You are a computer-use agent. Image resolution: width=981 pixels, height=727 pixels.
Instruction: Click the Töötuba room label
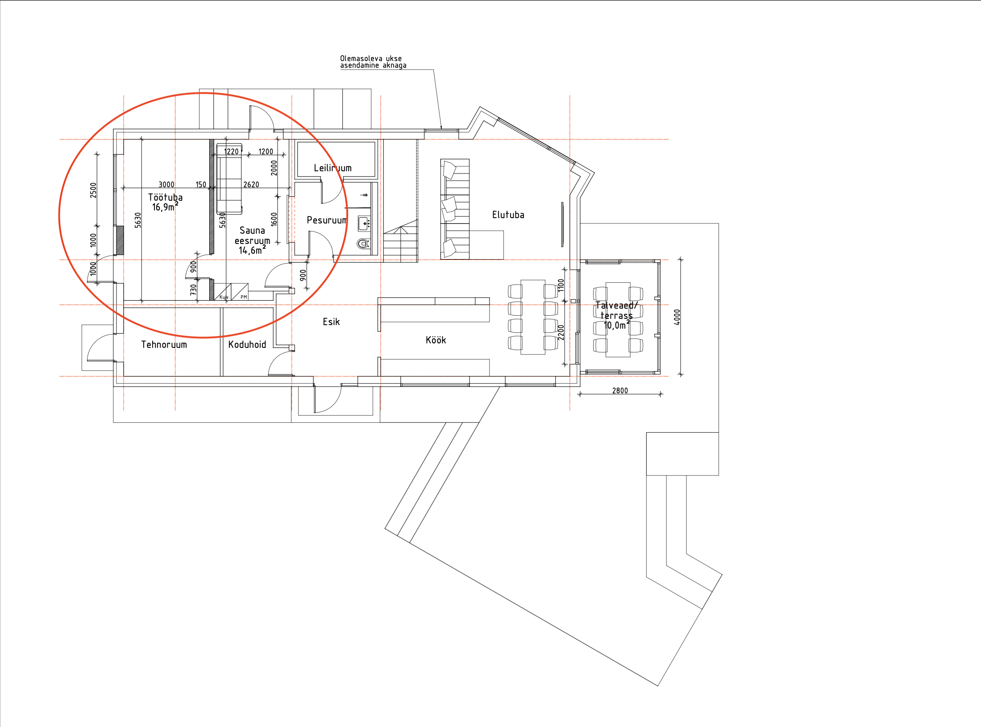coord(165,197)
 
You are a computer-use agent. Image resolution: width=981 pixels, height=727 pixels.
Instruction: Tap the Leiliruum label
coord(333,168)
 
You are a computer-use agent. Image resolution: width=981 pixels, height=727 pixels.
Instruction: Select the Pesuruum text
coord(327,220)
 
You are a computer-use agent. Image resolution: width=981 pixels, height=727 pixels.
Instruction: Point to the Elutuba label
coord(508,215)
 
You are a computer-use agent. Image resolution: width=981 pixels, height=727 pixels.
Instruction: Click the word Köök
coord(436,340)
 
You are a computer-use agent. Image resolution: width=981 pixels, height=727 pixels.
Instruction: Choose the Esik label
coord(331,322)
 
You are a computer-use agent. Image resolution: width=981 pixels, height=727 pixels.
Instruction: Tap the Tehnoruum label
coord(164,344)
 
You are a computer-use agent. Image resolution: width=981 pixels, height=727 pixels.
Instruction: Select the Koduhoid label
coord(247,344)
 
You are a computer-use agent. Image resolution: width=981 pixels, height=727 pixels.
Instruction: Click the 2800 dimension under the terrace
coord(620,391)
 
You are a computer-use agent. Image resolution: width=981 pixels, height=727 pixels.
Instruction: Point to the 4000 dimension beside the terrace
coord(677,317)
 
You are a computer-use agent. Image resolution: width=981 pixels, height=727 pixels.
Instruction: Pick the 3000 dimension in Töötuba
coord(166,185)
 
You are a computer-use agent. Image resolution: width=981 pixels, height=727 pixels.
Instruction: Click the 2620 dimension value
coord(251,185)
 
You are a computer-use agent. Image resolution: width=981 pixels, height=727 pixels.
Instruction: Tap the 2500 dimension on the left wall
coord(93,190)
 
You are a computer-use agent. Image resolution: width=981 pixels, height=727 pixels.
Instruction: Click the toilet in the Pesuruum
coord(363,244)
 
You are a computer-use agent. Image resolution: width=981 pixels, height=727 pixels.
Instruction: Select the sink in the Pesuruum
coord(364,223)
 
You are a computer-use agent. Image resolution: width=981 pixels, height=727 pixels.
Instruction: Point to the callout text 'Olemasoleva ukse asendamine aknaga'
coord(373,62)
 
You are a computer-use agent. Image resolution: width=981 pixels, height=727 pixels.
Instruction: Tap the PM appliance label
coord(244,297)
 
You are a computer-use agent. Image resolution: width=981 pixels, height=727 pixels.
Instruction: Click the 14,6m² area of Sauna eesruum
coord(252,250)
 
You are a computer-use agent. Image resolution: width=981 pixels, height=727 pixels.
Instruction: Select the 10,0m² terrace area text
coord(617,325)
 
